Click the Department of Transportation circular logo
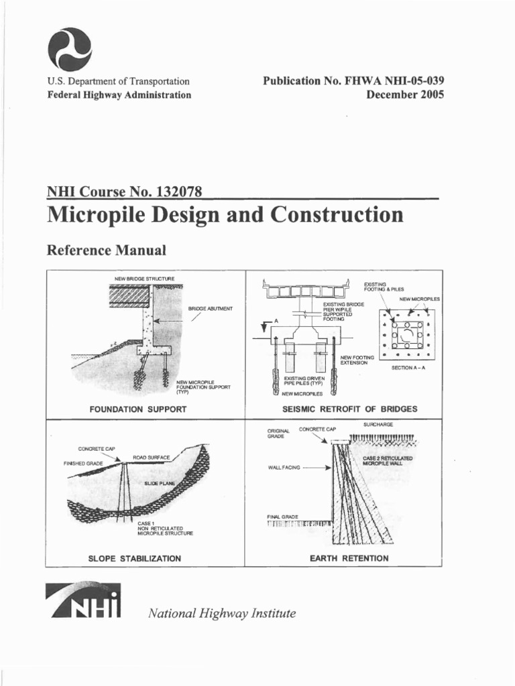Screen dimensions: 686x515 [x=70, y=50]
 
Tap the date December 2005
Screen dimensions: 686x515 [x=405, y=94]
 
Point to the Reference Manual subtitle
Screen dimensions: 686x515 [x=106, y=251]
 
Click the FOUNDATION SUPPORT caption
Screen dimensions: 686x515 [x=137, y=409]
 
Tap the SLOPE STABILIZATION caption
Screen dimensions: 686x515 [x=135, y=558]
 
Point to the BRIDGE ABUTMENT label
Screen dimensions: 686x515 [x=210, y=308]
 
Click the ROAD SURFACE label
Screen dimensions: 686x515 [x=151, y=457]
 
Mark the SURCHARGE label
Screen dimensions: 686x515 [x=378, y=425]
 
